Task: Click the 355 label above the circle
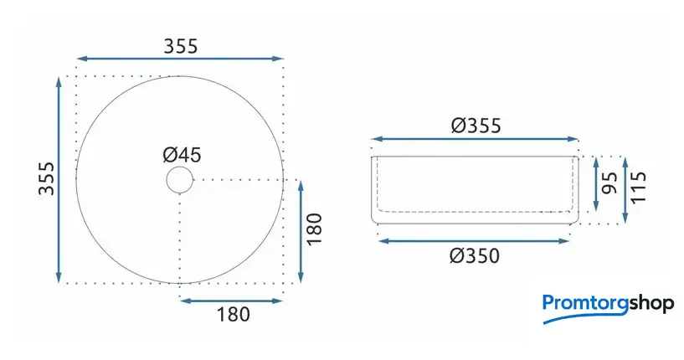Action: (181, 46)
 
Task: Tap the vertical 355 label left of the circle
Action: (46, 178)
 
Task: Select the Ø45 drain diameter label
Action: (182, 155)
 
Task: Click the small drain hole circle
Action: (179, 179)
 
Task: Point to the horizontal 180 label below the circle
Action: (234, 315)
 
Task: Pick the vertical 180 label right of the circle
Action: (315, 229)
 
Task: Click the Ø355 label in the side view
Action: (476, 126)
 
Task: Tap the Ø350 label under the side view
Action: (475, 256)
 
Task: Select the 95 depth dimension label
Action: (609, 183)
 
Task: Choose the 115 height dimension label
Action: (638, 187)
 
